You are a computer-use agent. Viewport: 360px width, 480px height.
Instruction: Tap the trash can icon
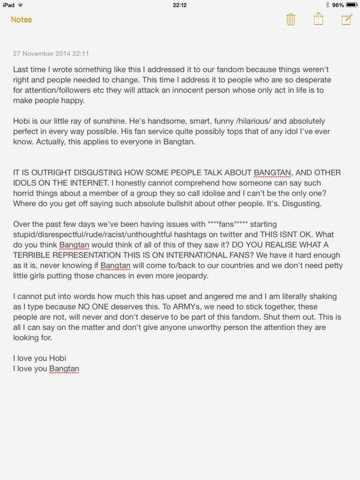point(291,20)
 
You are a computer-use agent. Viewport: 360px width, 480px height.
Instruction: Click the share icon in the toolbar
point(318,20)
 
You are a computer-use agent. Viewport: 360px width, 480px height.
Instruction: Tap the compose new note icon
point(346,20)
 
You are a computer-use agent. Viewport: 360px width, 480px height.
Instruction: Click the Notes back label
point(20,20)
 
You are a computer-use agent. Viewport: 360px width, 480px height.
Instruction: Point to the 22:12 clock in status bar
point(179,4)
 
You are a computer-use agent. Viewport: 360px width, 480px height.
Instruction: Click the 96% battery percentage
point(338,4)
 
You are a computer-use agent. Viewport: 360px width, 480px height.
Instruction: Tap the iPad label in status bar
point(10,4)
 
